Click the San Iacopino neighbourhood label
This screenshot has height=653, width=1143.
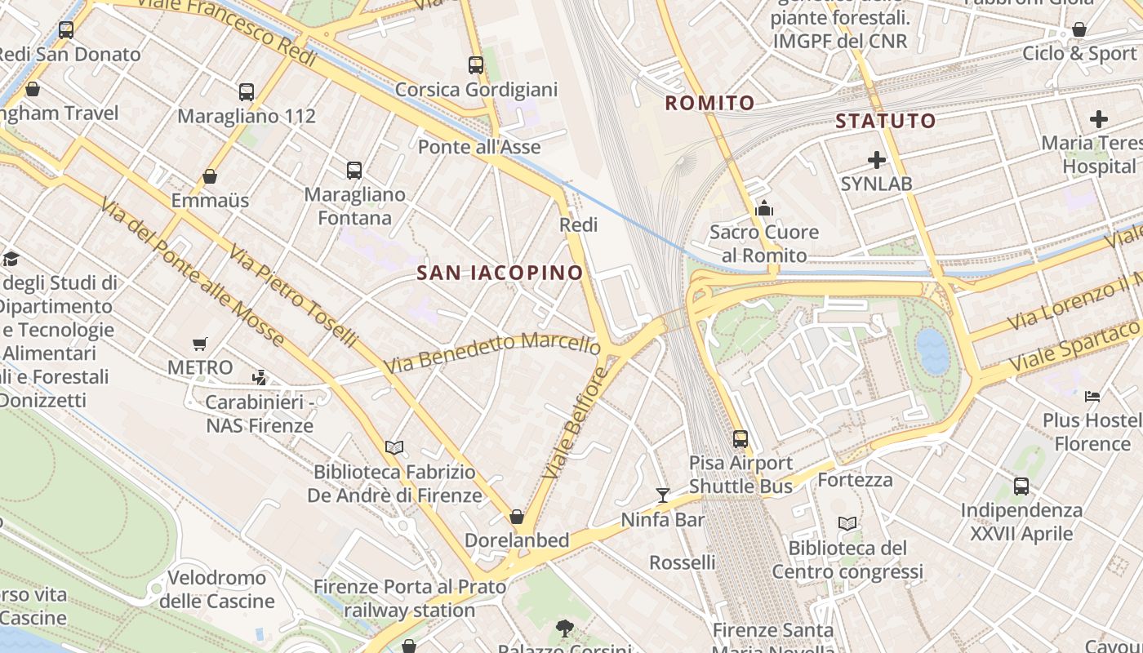(500, 273)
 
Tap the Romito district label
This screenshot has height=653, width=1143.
(709, 103)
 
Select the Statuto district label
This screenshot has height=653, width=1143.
(885, 122)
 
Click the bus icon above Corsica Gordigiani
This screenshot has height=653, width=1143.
(476, 65)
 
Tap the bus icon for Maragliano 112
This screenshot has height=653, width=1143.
(247, 92)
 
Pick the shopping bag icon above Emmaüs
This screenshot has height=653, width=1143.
(210, 176)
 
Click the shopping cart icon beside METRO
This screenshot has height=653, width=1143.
(200, 344)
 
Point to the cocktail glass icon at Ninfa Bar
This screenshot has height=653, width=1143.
(662, 495)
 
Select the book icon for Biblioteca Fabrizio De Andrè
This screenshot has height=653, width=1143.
(394, 447)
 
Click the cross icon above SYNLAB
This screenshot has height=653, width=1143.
(877, 160)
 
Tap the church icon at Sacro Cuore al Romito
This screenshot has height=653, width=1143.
(764, 209)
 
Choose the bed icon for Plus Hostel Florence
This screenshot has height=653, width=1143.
(1092, 397)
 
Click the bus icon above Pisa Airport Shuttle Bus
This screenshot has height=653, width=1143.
(741, 439)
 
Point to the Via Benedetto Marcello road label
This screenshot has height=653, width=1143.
(492, 353)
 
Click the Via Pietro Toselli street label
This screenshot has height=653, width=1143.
(293, 295)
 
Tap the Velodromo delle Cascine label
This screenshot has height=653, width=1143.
(216, 589)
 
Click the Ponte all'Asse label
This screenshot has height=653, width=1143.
(479, 147)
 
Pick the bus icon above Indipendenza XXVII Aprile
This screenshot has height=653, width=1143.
(1021, 487)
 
